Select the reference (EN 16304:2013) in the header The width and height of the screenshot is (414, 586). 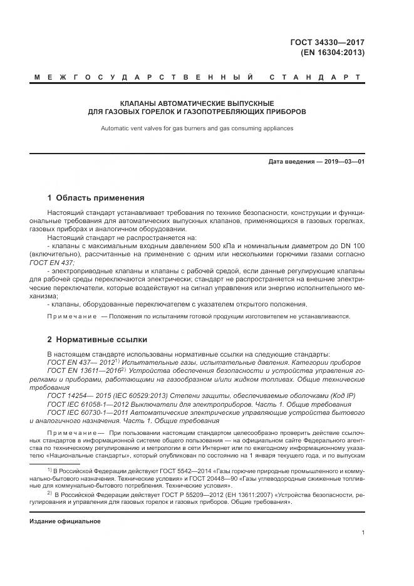coord(333,53)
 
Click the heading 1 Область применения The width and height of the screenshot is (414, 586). coord(96,197)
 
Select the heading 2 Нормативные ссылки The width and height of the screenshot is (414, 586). coord(97,339)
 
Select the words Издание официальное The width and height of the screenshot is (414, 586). coord(65,521)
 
